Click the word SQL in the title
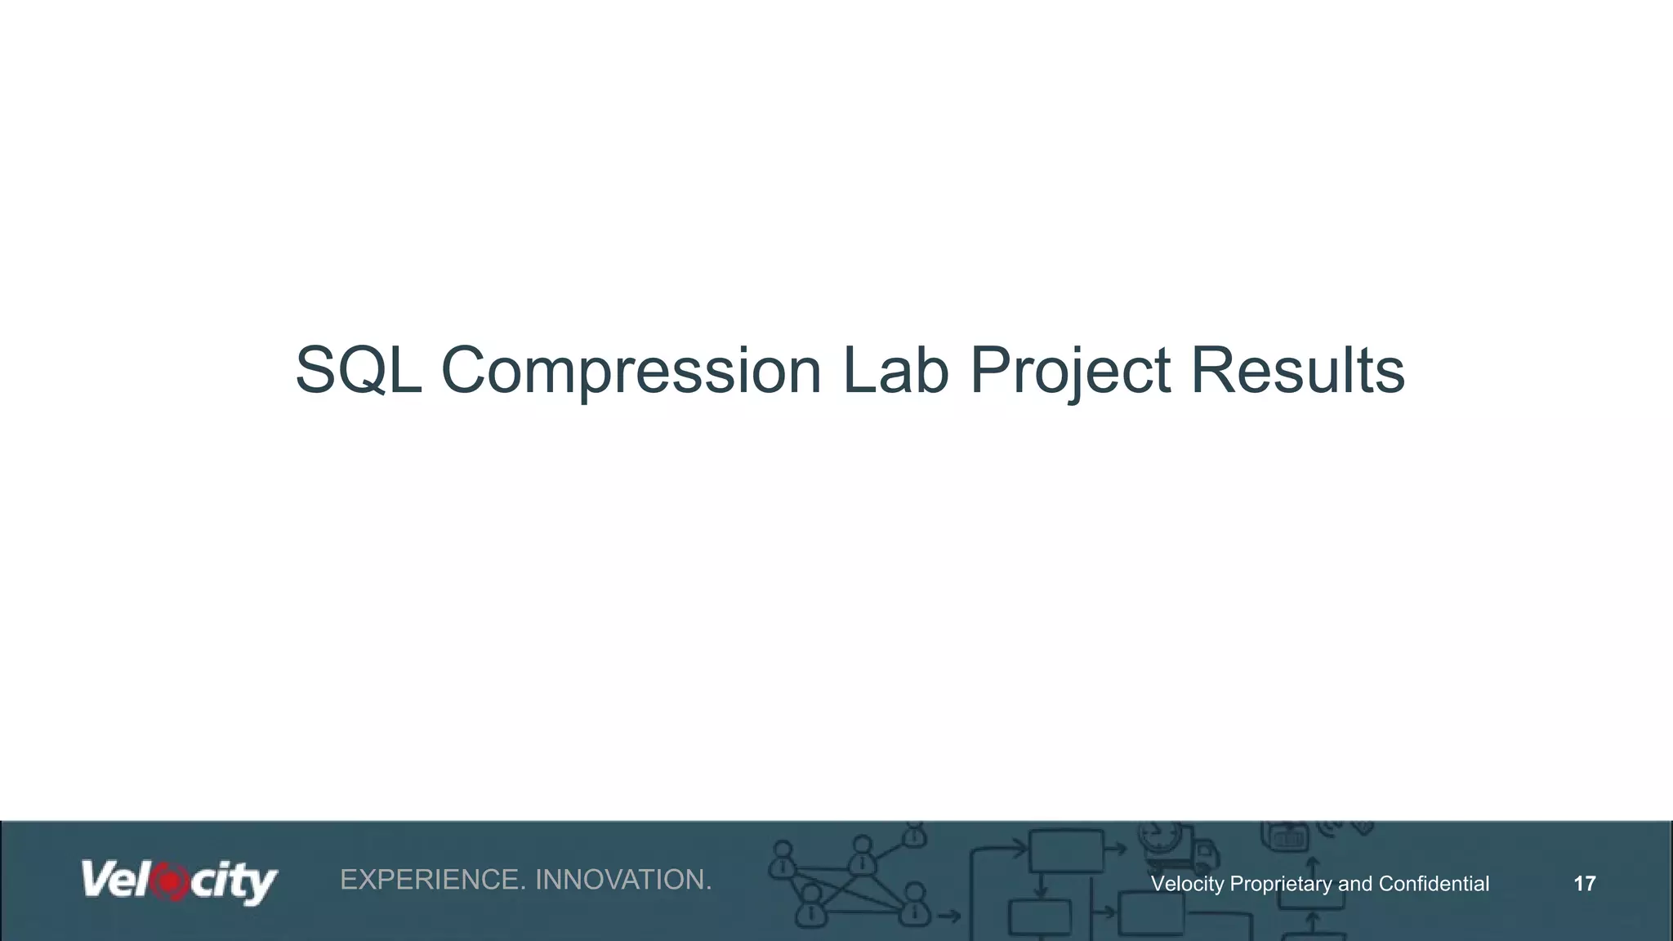[x=358, y=370]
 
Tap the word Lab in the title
[x=895, y=370]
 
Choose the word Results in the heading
[x=1297, y=370]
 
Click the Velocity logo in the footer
[x=179, y=882]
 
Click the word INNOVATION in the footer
[x=623, y=880]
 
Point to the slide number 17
[x=1584, y=883]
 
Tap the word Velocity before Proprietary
[x=1187, y=884]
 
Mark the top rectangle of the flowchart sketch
[x=1065, y=850]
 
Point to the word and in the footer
[x=1354, y=884]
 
